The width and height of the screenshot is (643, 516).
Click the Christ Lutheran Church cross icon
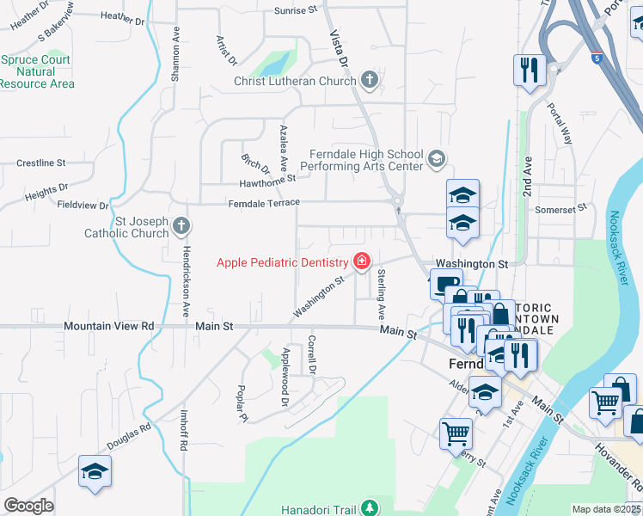tap(370, 81)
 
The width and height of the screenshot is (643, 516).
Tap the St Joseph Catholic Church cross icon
tap(181, 226)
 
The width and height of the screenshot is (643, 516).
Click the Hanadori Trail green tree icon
tap(370, 507)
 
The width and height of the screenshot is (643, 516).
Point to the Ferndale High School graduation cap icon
tap(437, 157)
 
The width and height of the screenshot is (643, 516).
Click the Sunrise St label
tap(296, 10)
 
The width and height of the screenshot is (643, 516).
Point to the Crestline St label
tap(41, 163)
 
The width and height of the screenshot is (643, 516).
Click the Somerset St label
tap(560, 208)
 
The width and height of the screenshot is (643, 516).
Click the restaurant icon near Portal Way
tap(529, 70)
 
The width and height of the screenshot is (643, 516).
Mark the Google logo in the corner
tap(28, 506)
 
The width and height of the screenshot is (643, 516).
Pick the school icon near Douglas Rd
tap(95, 471)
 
